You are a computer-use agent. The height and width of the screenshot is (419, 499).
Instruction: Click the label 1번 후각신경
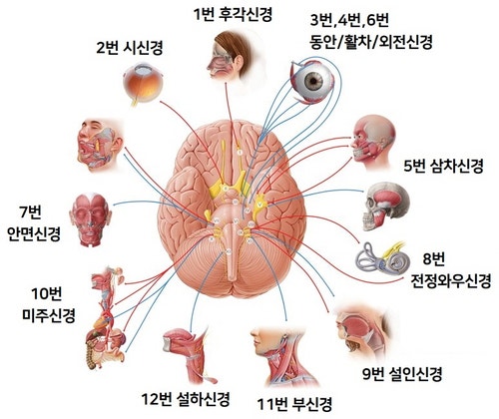tap(233, 15)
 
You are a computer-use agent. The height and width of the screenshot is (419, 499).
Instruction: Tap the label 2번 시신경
tap(130, 48)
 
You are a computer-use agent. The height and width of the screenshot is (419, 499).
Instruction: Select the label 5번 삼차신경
tap(443, 166)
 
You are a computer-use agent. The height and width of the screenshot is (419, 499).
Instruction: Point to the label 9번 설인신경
tap(402, 374)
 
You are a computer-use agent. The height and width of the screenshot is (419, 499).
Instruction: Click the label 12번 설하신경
tap(186, 399)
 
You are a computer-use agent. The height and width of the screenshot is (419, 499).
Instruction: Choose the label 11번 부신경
tap(294, 403)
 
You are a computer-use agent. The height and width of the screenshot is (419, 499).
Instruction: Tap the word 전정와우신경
tap(451, 281)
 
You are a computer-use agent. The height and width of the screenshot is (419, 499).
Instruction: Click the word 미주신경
tap(49, 315)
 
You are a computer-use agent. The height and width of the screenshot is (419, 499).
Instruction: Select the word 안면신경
tap(34, 233)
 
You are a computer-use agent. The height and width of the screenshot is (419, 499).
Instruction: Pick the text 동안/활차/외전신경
tap(371, 42)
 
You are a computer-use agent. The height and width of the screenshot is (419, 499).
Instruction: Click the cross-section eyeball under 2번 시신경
tap(142, 84)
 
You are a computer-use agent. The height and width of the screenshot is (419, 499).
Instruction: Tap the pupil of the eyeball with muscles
tap(312, 80)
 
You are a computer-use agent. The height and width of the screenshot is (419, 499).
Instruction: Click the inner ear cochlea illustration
tap(381, 257)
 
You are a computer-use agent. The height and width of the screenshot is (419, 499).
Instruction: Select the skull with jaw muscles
tap(385, 207)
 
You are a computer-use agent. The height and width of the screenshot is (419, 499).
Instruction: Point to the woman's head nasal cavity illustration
tap(232, 57)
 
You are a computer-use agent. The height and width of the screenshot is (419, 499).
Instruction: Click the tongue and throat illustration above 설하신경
tap(189, 354)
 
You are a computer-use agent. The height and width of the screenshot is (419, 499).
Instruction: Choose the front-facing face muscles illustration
tap(89, 219)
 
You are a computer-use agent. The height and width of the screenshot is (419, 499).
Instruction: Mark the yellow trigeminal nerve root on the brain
tap(259, 204)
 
